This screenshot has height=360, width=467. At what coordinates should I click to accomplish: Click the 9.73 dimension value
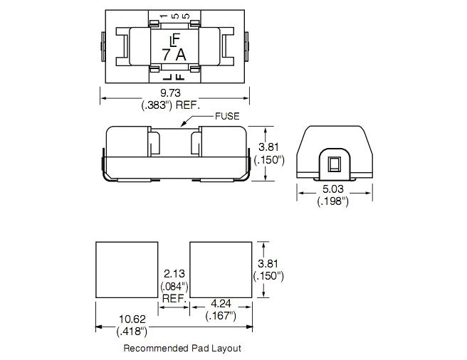[x=170, y=93]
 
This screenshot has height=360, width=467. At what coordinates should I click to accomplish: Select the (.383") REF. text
[x=171, y=105]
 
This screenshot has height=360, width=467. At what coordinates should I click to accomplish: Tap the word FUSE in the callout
[x=227, y=116]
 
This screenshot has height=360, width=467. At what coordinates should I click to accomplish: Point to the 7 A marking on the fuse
[x=174, y=55]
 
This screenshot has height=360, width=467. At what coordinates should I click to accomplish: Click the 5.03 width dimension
[x=333, y=189]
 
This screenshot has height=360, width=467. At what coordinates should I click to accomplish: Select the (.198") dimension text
[x=333, y=201]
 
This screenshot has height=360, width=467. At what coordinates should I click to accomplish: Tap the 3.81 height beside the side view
[x=268, y=147]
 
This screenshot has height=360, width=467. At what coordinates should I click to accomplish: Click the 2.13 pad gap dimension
[x=174, y=273]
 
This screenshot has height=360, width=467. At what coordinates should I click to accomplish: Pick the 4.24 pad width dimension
[x=221, y=303]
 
